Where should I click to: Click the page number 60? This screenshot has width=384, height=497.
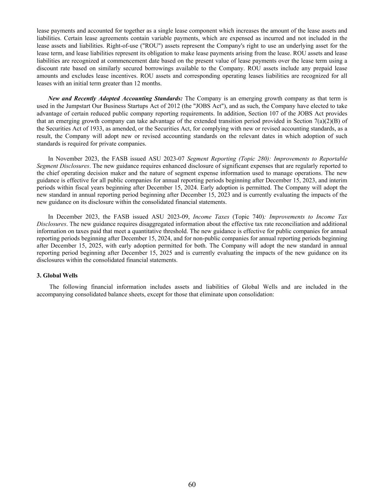(x=192, y=484)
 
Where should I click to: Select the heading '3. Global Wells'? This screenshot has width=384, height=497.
(x=57, y=276)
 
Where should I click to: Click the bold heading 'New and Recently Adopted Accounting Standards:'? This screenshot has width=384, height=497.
(x=115, y=98)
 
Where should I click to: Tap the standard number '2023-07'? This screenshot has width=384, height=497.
(x=175, y=158)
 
